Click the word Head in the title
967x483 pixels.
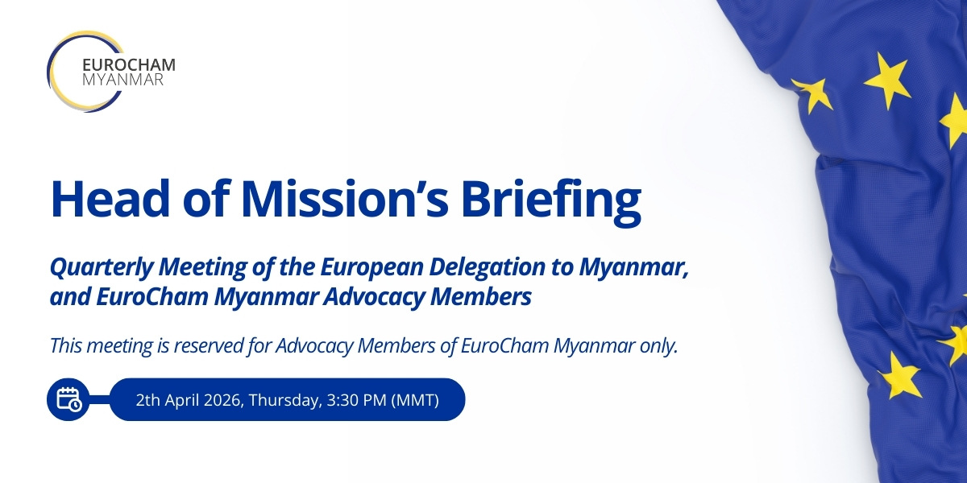(110, 200)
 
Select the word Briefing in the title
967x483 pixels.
(551, 203)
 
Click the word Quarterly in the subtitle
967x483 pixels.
(102, 268)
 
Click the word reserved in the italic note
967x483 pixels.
(209, 346)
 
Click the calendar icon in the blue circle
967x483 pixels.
(68, 399)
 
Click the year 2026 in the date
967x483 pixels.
(222, 400)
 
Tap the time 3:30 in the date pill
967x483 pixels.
(341, 400)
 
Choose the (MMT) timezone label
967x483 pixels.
(415, 400)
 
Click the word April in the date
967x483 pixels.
(182, 401)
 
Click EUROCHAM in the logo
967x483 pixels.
(129, 64)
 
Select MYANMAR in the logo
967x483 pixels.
(122, 80)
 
